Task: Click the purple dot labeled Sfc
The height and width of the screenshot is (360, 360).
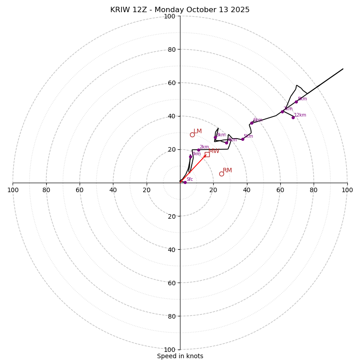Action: (x=185, y=182)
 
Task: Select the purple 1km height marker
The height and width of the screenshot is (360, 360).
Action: (x=190, y=157)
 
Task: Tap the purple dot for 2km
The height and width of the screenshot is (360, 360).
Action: (x=198, y=150)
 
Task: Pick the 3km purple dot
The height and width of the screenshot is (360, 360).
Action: (x=215, y=137)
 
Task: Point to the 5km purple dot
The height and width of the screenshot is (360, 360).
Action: (x=243, y=139)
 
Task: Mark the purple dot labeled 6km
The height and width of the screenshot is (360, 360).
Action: (x=252, y=123)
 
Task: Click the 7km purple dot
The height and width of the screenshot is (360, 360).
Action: (x=282, y=112)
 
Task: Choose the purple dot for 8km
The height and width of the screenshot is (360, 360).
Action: (x=296, y=102)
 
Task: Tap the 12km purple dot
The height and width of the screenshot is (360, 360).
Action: (x=293, y=117)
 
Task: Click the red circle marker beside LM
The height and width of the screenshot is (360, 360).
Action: (x=192, y=135)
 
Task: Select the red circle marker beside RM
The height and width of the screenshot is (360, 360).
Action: (x=221, y=174)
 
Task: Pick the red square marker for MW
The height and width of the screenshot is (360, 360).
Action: (x=207, y=154)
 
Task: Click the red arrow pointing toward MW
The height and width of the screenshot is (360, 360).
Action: (x=193, y=168)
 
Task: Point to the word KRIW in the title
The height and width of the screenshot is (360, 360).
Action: (x=119, y=10)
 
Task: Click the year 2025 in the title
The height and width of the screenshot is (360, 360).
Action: (x=240, y=10)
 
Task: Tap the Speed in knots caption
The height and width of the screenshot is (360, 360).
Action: (x=180, y=356)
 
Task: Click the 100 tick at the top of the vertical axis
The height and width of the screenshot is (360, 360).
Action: (x=170, y=16)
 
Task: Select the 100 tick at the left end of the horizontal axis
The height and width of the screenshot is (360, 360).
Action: (x=13, y=190)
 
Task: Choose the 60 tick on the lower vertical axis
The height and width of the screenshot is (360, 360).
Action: (x=171, y=283)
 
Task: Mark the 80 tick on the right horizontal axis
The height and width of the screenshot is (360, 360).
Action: (x=314, y=190)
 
